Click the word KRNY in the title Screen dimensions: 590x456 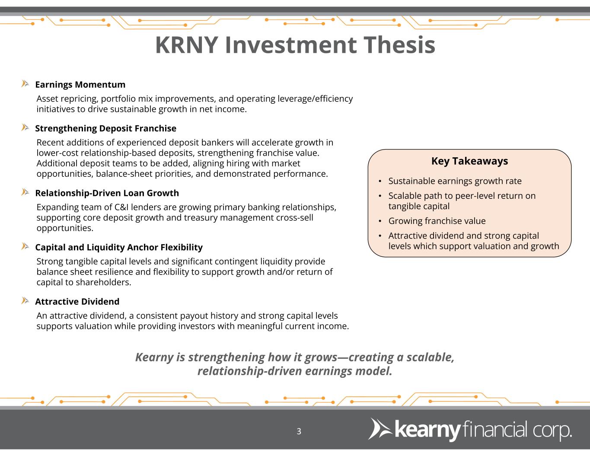(187, 45)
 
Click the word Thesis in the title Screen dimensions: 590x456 (399, 45)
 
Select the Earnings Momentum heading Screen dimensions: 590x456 (80, 85)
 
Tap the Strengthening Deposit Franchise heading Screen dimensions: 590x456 (105, 128)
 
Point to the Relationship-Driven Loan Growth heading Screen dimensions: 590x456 (107, 193)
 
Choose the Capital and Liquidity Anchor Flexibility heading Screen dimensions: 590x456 (119, 247)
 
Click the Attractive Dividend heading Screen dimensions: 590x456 (77, 302)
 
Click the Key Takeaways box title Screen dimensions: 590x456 (469, 161)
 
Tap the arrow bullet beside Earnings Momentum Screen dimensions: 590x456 (25, 83)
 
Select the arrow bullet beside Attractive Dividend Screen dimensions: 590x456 (25, 300)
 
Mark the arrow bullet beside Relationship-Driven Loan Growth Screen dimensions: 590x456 (25, 192)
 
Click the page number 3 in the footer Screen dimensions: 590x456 (299, 431)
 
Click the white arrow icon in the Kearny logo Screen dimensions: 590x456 (380, 429)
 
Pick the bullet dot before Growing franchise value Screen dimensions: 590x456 (380, 221)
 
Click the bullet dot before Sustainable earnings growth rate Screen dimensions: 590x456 (380, 181)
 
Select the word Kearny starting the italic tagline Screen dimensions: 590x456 (154, 357)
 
